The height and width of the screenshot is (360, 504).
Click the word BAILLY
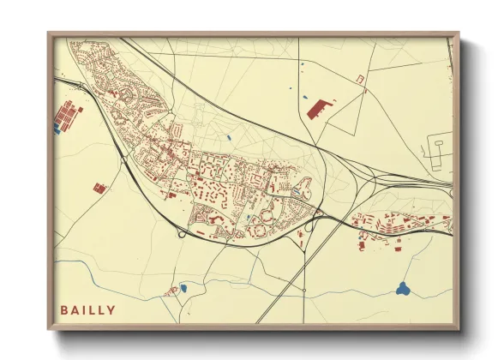[x=87, y=309]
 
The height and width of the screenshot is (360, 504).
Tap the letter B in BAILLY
[x=64, y=309]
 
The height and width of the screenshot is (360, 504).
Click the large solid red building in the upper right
[x=320, y=108]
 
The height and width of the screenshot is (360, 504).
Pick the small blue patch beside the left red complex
[x=57, y=129]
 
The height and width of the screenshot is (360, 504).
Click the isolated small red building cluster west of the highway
[x=99, y=188]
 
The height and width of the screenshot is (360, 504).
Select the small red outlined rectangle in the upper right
[x=360, y=79]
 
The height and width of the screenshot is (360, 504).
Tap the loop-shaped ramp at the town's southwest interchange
[x=181, y=233]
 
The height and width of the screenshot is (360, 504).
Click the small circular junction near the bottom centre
[x=304, y=291]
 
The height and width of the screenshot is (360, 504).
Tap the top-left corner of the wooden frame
[x=48, y=33]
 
